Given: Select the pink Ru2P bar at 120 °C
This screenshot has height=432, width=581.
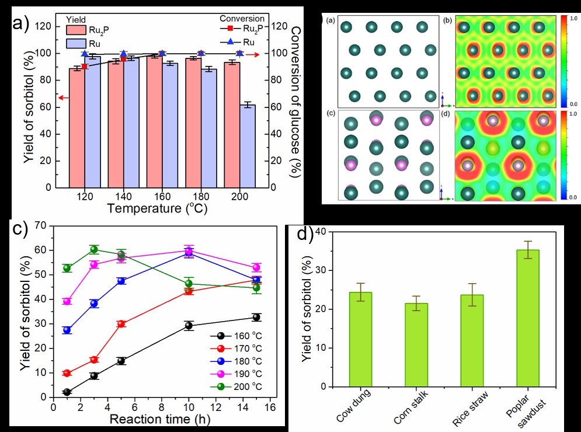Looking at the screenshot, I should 76,128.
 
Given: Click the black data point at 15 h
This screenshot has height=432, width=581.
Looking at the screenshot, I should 256,317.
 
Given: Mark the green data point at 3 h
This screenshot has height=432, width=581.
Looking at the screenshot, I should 94,250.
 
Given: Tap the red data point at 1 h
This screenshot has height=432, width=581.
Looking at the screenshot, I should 67,373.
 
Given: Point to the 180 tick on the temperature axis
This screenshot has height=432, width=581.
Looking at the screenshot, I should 201,196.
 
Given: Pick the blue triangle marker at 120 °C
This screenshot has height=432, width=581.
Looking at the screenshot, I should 85,54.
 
